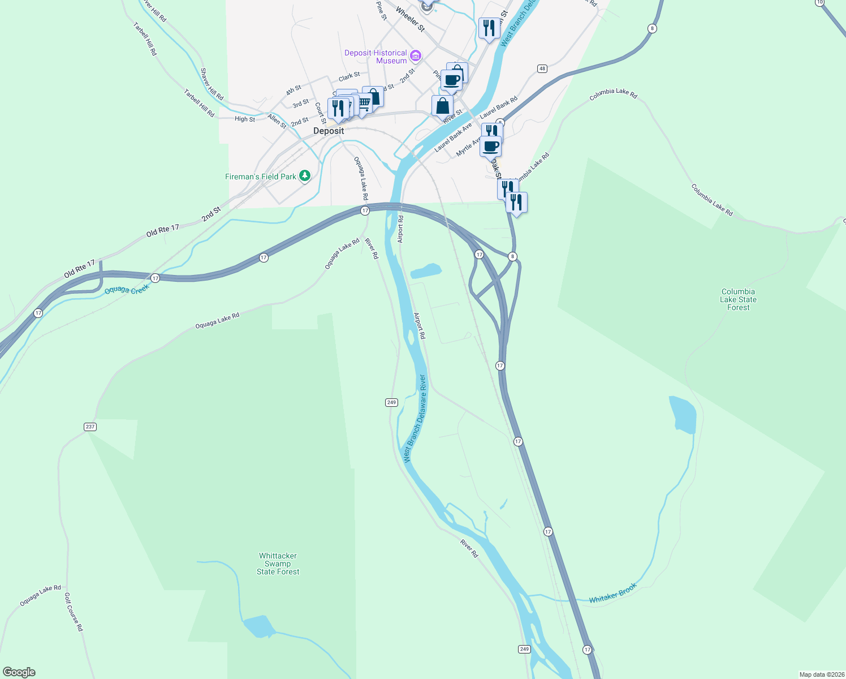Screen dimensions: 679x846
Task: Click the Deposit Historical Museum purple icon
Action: click(416, 55)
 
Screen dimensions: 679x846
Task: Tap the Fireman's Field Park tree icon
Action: click(305, 176)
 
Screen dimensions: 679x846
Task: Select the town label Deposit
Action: click(329, 131)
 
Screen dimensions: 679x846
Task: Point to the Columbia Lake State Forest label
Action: click(738, 300)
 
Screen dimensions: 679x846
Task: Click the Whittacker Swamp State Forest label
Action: click(278, 564)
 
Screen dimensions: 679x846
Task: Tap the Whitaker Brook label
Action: click(612, 593)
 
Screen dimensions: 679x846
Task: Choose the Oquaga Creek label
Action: click(127, 290)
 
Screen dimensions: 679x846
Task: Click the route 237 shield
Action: click(90, 427)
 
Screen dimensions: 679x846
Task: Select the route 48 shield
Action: click(542, 68)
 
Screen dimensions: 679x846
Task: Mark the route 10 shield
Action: click(819, 3)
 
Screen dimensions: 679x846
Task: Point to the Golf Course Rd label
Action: click(74, 612)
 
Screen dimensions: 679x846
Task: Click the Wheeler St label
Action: click(410, 19)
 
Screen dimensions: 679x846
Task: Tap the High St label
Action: click(245, 119)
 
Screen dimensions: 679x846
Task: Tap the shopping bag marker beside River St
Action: click(442, 106)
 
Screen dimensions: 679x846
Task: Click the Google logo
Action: click(19, 672)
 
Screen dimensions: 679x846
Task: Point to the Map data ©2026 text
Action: click(822, 674)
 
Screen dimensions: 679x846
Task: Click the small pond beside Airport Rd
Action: click(426, 271)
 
